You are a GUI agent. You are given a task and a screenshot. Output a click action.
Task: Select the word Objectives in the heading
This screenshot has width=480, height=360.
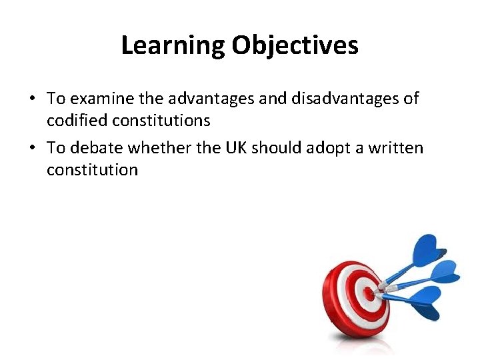tap(295, 45)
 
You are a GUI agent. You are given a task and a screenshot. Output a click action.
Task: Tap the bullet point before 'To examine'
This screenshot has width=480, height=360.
tap(32, 99)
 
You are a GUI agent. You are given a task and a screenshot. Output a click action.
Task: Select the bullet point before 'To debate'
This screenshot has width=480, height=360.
tap(32, 148)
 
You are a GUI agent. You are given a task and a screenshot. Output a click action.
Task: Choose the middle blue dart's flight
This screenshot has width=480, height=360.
tap(443, 273)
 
